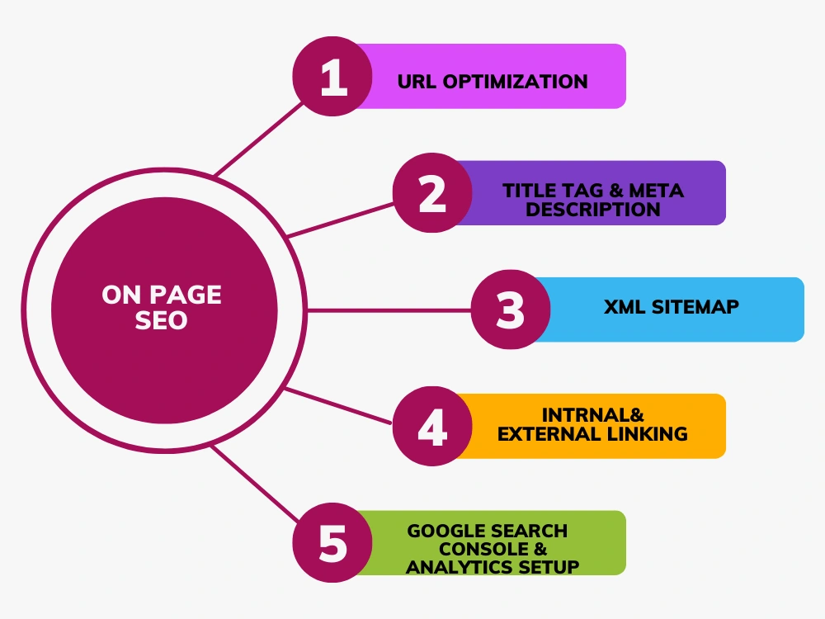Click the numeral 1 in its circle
pos(333,77)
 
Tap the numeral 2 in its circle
pos(432,193)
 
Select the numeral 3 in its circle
pos(511,309)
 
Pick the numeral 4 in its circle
pos(432,427)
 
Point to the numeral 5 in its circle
pos(333,543)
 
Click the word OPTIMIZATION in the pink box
pos(515,82)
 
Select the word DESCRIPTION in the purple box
pos(593,210)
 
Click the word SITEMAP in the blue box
pos(695,307)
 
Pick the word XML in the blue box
pos(625,307)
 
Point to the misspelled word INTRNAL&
pos(593,415)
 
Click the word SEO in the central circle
pos(161,320)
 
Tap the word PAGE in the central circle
pos(186,295)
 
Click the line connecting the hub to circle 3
pos(389,310)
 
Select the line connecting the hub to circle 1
pos(259,139)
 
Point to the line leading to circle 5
pos(255,483)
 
